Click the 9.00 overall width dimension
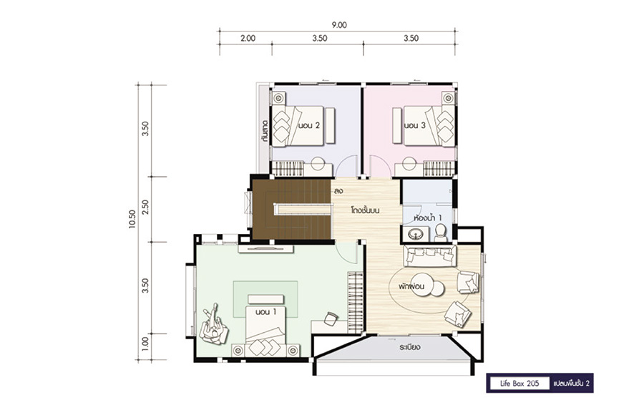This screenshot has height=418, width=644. coord(339,25)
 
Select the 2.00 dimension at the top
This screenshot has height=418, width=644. coord(248,38)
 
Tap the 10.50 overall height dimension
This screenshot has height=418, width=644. coord(132,219)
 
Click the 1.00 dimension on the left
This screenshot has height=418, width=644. coord(145,342)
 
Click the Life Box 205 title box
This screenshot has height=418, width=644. coord(519,384)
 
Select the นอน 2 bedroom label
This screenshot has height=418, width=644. coord(308,125)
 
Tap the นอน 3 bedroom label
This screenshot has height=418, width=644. coord(414,125)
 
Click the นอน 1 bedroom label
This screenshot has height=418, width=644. coord(265,312)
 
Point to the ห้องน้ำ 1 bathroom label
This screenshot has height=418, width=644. coord(428,217)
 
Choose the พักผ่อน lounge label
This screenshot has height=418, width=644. coord(411,286)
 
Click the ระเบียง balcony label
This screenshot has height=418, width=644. coord(409,347)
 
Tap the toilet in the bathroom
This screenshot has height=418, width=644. coord(441,233)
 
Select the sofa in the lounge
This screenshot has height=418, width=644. coord(430,256)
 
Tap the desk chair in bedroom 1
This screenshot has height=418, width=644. coord(331,319)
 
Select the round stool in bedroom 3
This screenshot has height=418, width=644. coord(409,163)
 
